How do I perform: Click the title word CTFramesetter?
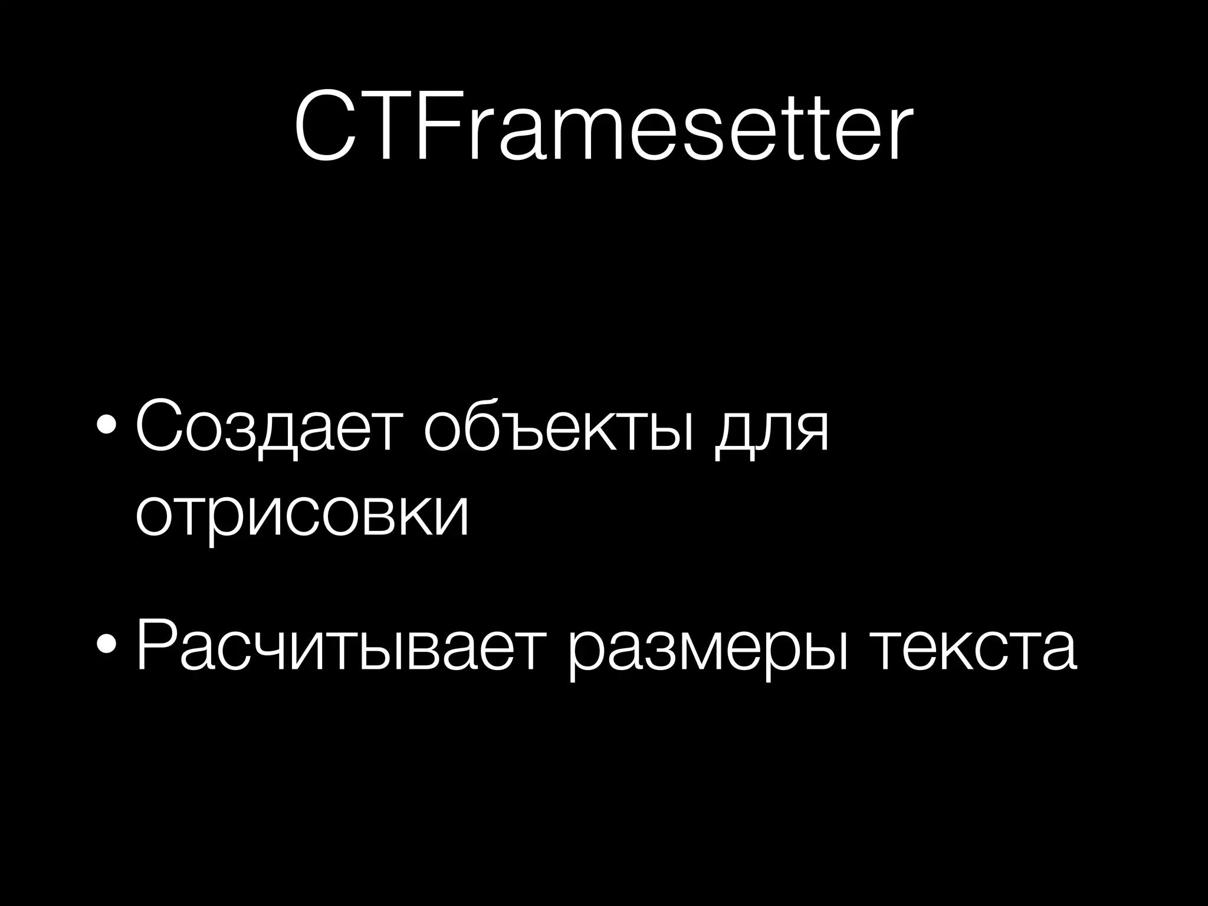pyautogui.click(x=603, y=127)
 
